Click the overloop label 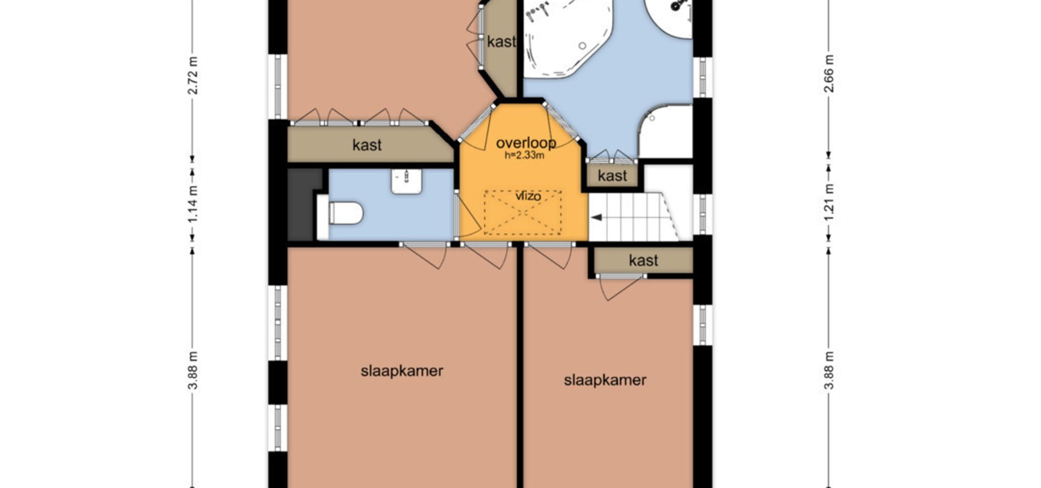pyautogui.click(x=526, y=143)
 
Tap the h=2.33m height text pyautogui.click(x=524, y=156)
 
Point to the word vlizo pyautogui.click(x=528, y=196)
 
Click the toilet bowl pyautogui.click(x=345, y=213)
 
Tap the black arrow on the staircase pyautogui.click(x=596, y=217)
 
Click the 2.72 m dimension pyautogui.click(x=192, y=75)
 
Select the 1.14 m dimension pyautogui.click(x=192, y=203)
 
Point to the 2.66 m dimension pyautogui.click(x=828, y=73)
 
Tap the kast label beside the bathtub pyautogui.click(x=501, y=42)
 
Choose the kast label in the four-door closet pyautogui.click(x=367, y=145)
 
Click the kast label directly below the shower pyautogui.click(x=612, y=176)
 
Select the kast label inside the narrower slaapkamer pyautogui.click(x=644, y=260)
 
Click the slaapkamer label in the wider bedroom pyautogui.click(x=402, y=371)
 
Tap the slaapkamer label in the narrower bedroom pyautogui.click(x=605, y=380)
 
